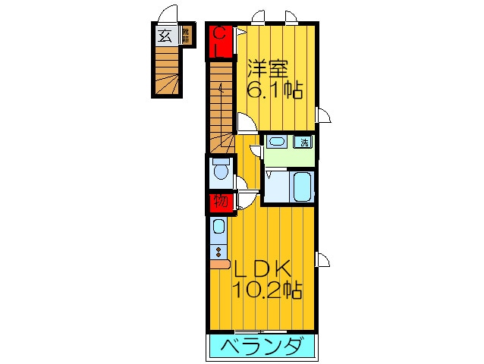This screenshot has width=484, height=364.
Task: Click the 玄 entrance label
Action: [x=165, y=35]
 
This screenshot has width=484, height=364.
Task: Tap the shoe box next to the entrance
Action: [x=185, y=35]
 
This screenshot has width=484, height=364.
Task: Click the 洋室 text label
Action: [x=267, y=69]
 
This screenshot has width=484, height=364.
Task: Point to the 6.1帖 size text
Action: [x=275, y=91]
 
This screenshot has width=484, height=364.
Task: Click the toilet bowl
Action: [x=221, y=172]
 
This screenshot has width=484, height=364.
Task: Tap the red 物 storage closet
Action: [x=220, y=202]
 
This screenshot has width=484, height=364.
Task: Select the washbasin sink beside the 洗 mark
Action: [x=276, y=142]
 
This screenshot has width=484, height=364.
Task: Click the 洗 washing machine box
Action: [x=303, y=142]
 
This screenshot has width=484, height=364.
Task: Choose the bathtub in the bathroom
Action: [x=302, y=186]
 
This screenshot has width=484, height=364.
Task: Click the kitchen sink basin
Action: [x=218, y=227]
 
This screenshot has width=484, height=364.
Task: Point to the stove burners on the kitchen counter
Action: [x=218, y=251]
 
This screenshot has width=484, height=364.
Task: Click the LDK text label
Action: [x=262, y=269]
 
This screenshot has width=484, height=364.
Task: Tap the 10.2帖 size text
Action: [x=268, y=290]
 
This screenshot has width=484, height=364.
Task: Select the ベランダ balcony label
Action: [x=261, y=347]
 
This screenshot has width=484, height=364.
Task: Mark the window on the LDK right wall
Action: [x=323, y=260]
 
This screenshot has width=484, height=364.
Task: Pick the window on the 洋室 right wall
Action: [x=323, y=115]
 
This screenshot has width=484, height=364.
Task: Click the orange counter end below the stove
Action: [x=219, y=264]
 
